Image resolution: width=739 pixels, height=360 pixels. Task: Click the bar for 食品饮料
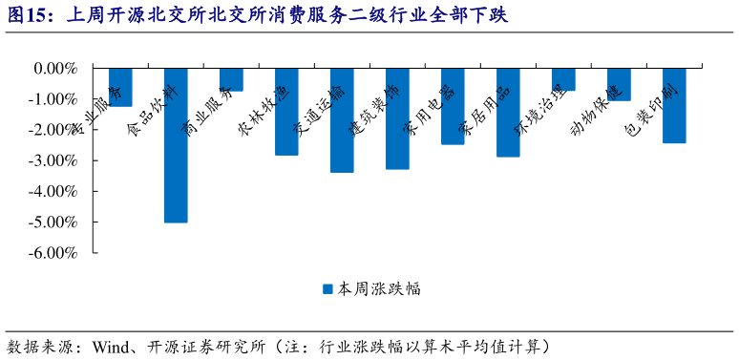176,145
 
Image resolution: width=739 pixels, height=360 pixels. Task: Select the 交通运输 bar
342,120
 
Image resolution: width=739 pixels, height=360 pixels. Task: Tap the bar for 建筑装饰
397,118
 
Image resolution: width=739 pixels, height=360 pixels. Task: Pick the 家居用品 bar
508,113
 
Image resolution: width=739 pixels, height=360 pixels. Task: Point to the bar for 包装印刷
674,106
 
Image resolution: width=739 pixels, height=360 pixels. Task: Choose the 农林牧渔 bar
286,112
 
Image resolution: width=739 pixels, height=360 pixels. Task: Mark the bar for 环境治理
563,79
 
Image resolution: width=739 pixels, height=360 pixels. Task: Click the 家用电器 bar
453,106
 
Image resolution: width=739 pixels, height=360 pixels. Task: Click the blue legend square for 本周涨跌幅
327,287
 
